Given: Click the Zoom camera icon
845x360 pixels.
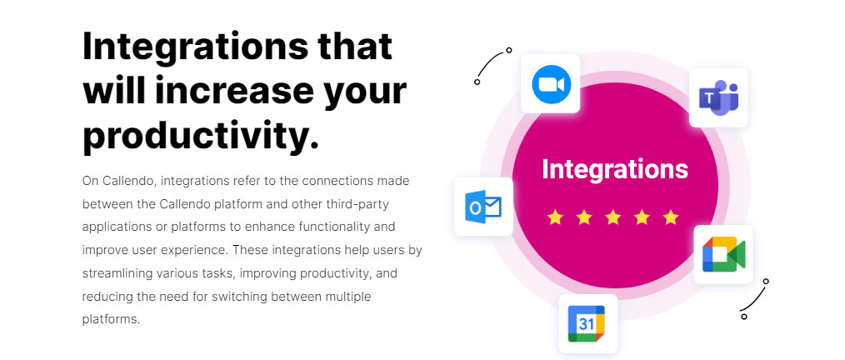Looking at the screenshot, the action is [551, 84].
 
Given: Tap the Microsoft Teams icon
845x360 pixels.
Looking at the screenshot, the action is [718, 98].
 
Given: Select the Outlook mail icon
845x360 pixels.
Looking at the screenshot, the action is [482, 207].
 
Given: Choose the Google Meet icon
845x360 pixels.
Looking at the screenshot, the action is [723, 254].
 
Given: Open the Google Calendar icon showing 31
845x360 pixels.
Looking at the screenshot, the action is [587, 323].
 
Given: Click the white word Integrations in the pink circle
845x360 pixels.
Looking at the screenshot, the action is [615, 169].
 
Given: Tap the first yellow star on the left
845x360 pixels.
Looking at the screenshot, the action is [555, 217].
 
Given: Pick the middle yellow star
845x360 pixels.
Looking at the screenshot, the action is [613, 217].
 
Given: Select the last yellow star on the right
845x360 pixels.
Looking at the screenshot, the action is [671, 217].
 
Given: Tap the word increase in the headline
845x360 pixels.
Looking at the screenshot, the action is [234, 91].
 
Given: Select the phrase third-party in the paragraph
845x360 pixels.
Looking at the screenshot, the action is [357, 204].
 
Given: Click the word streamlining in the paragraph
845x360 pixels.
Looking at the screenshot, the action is [117, 274].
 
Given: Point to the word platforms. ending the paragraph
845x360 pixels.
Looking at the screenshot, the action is [111, 319].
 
